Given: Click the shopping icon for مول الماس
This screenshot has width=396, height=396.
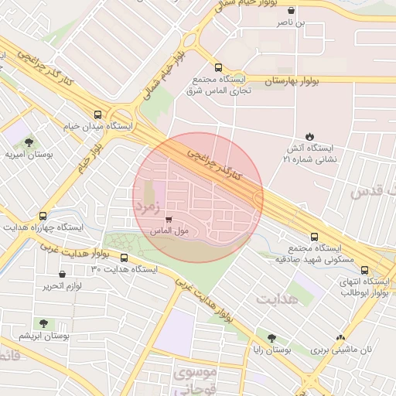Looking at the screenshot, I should click(x=169, y=220).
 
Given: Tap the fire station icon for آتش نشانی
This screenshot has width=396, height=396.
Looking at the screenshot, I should click(x=310, y=135).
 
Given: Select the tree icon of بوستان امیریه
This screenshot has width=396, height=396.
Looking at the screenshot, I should click(x=29, y=142).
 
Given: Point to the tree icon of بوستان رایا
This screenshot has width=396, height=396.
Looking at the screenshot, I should click(x=271, y=338).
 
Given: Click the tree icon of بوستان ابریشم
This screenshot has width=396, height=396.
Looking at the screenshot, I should click(x=42, y=323).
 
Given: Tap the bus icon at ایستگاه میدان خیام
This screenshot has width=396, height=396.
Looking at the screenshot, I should click(x=97, y=113).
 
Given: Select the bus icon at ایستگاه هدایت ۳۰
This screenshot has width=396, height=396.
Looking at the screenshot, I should click(x=124, y=258).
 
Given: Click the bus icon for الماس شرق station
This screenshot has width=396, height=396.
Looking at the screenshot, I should click(x=219, y=67).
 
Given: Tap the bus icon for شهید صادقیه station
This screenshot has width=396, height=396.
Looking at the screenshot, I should click(x=314, y=237).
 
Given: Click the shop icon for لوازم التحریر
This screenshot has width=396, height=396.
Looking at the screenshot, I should click(x=62, y=274).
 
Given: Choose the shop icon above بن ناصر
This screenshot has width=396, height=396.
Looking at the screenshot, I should click(x=291, y=11).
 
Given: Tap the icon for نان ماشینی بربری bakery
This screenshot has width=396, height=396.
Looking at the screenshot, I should click(x=340, y=337).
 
